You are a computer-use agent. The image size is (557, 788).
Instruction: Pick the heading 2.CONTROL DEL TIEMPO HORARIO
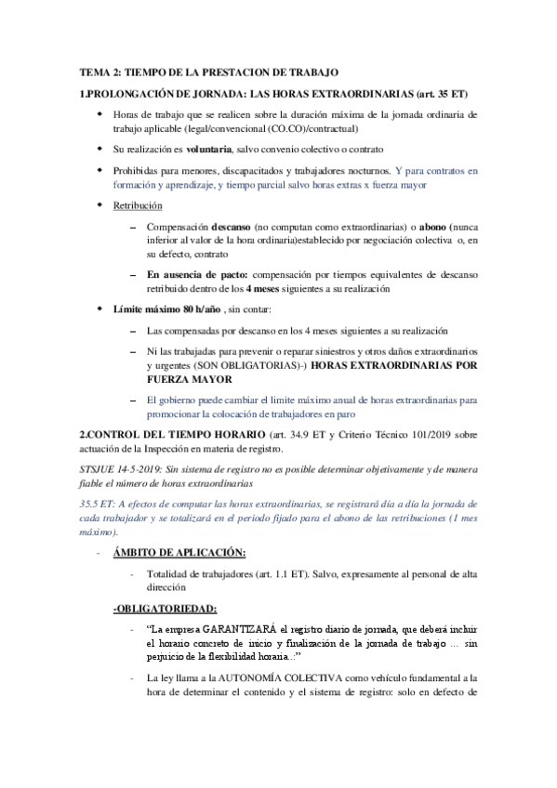click(164, 435)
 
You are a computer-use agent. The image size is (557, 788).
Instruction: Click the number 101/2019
click(414, 435)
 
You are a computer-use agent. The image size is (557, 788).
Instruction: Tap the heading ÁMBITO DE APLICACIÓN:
click(179, 553)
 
